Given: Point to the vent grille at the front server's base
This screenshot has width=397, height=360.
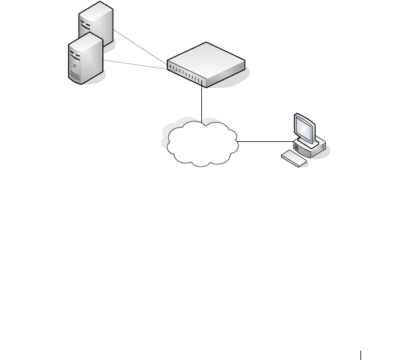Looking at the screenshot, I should [76, 77].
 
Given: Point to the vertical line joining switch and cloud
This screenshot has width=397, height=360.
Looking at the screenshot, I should [203, 103].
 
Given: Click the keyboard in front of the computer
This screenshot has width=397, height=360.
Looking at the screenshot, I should [294, 158].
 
